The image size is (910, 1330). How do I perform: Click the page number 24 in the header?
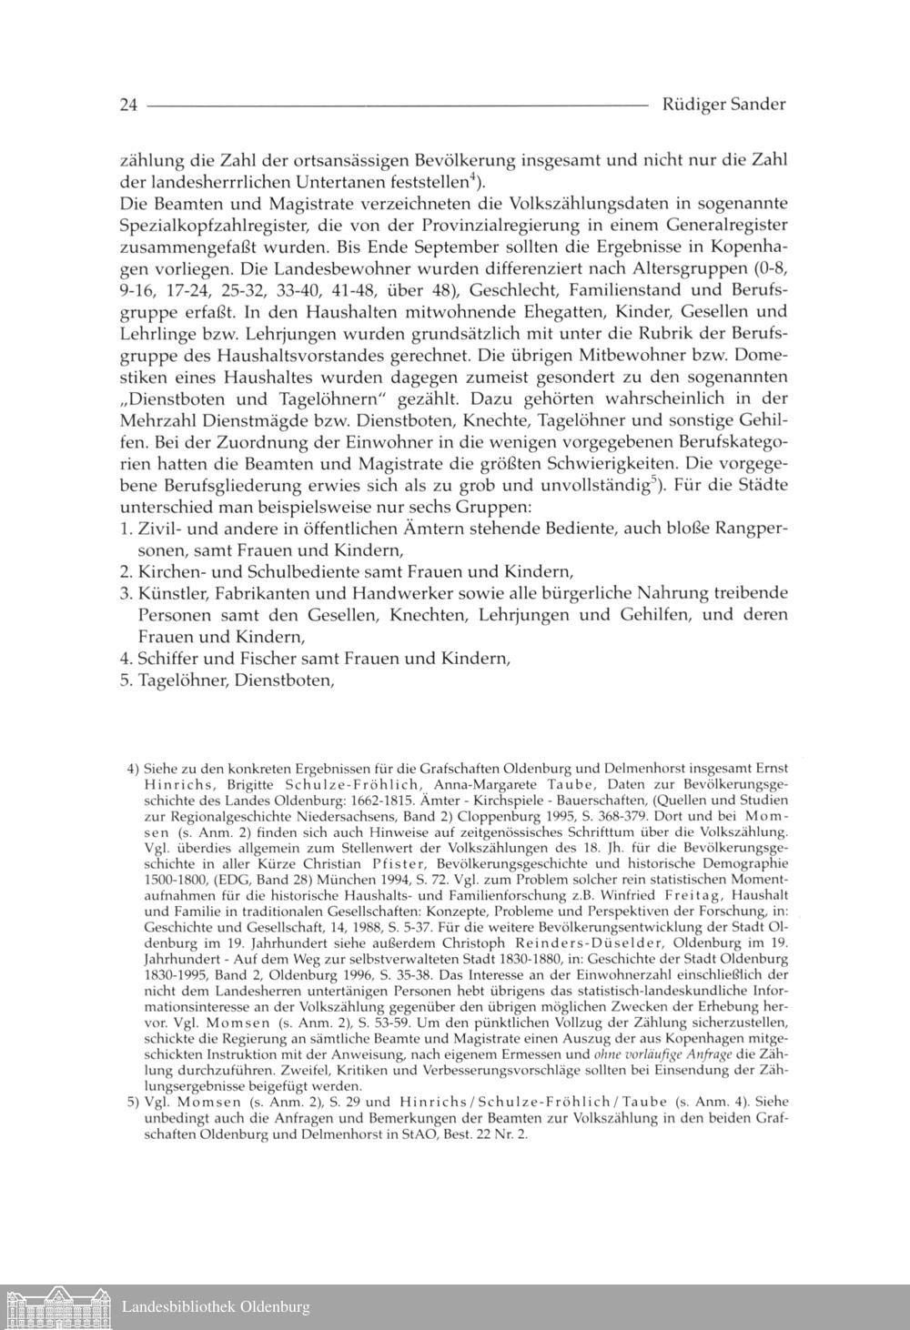(127, 105)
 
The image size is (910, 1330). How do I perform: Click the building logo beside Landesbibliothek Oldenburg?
(56, 1307)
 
